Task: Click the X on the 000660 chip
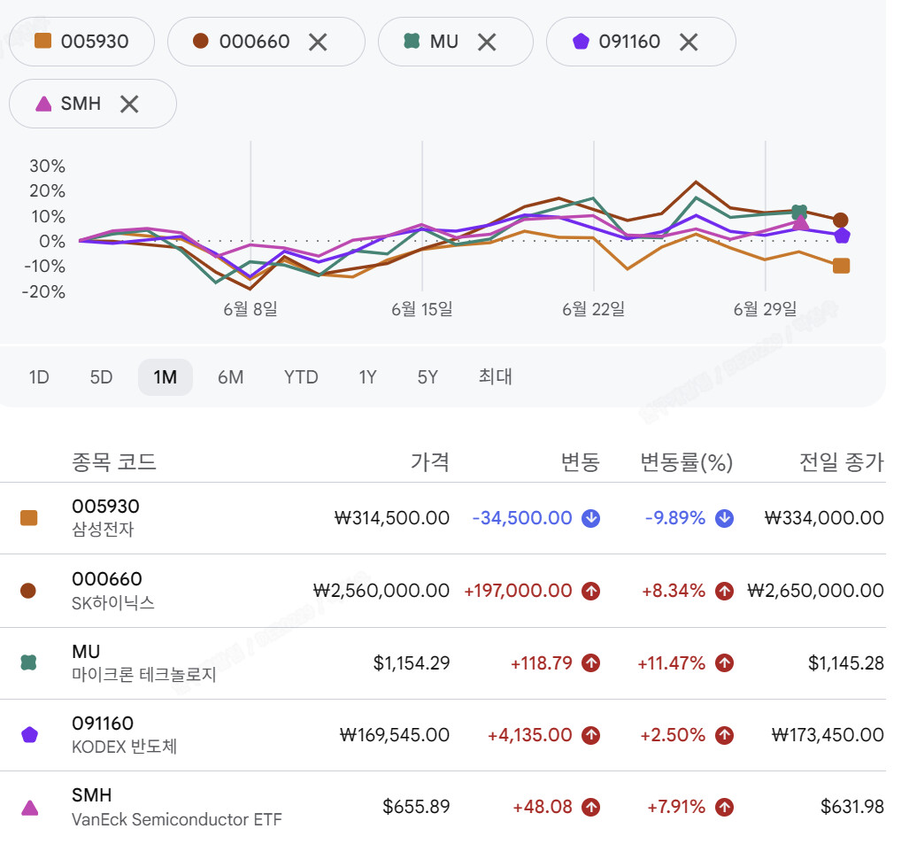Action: coord(318,42)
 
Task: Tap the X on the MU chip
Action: coord(487,42)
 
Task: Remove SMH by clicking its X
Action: coord(129,104)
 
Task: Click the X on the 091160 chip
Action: coord(689,42)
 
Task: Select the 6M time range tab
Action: coord(230,377)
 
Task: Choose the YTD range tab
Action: coord(301,377)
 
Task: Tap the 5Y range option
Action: coord(428,377)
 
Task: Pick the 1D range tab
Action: coord(39,377)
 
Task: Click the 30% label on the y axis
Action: coord(48,166)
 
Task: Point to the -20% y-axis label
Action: coord(43,291)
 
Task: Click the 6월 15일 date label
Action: coord(421,309)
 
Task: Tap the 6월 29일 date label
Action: coord(765,309)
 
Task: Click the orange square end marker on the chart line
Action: coord(841,266)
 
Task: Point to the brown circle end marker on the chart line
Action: coord(841,221)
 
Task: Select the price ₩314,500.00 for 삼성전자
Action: coord(392,517)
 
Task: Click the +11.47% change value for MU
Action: coord(671,662)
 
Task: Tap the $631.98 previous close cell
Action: coord(851,806)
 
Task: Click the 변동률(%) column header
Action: coord(686,462)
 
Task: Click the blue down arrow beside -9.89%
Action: coord(724,518)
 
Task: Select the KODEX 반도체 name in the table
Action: coord(124,747)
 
